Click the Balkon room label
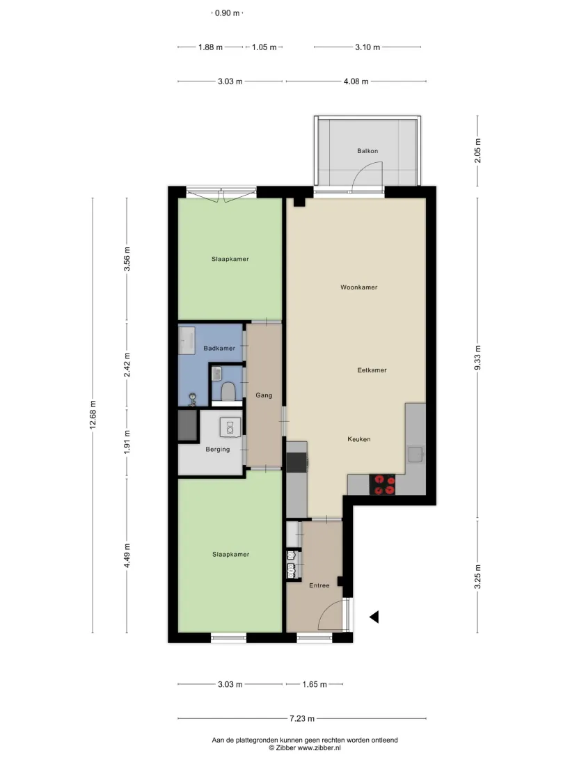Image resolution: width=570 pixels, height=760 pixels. pos(367,151)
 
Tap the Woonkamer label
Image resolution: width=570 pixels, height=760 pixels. pos(358,287)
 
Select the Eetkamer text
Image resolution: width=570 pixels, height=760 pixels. pos(372,370)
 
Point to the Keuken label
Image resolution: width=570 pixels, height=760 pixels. pos(358,439)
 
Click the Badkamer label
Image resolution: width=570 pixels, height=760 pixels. pos(219,348)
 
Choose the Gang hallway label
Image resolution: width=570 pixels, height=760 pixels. pos(264,395)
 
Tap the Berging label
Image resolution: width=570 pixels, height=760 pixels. pos(218,450)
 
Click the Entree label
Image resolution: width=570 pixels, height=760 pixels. pos(319,585)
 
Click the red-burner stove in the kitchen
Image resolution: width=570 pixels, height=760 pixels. pos(382,484)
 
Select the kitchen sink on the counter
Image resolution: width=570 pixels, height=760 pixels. pos(415,454)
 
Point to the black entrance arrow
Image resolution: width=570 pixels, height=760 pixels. pos(374,617)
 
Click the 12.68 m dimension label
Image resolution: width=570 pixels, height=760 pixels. pos(93,415)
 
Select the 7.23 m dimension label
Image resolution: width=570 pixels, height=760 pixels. pos(302,718)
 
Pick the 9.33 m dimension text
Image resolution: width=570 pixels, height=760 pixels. pos(477,358)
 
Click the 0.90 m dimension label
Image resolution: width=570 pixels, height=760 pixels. pos(228,13)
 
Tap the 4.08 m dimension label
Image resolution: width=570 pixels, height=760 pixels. pos(356,81)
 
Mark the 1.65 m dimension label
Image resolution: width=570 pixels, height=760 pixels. pos(315,684)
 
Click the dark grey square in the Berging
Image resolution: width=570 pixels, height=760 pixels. pos(188,425)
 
